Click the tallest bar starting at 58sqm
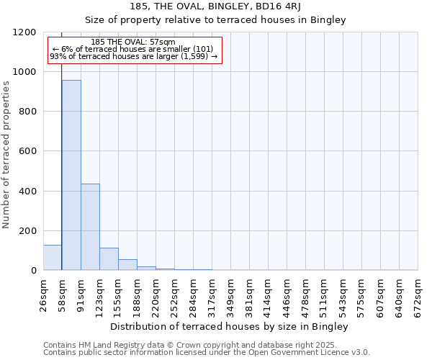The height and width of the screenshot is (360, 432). point(71,175)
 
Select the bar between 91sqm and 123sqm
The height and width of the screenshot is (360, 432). point(90,227)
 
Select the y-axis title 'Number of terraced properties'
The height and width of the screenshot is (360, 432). point(6,155)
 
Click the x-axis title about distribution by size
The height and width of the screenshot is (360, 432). point(230,326)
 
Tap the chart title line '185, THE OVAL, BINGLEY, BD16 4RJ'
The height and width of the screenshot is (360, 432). point(230,6)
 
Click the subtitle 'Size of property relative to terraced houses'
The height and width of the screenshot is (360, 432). point(230,19)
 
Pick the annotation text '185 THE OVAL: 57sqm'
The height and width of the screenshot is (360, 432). point(133,42)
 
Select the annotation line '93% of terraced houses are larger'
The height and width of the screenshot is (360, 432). point(133,57)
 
